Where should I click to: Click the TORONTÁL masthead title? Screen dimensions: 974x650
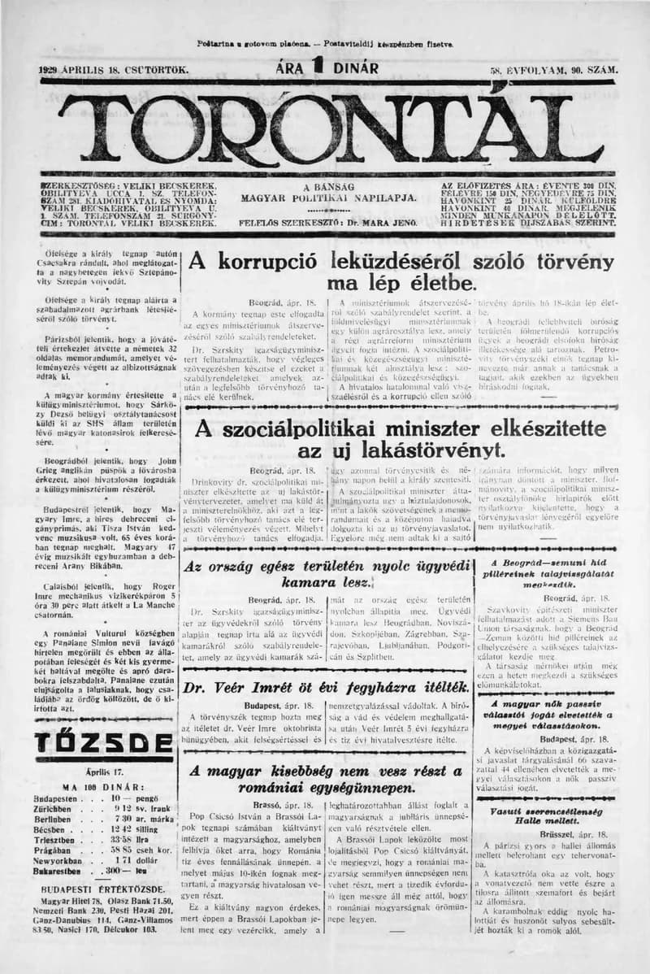tap(325, 128)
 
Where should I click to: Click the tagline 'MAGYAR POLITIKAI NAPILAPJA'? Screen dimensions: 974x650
tap(329, 198)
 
